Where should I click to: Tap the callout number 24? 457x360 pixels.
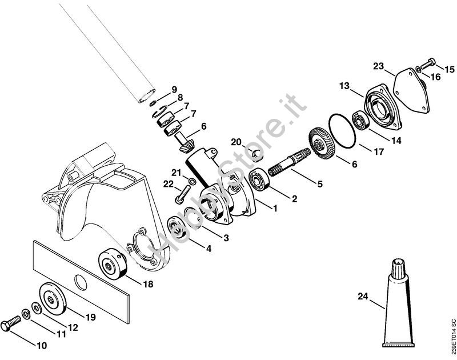(363, 297)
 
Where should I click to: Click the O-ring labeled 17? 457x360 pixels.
(342, 131)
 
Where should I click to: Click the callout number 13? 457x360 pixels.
(344, 86)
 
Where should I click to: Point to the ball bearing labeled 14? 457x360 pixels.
(360, 120)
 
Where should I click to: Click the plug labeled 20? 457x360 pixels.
(257, 154)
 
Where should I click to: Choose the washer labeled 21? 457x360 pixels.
(193, 181)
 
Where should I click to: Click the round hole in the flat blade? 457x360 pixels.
(81, 282)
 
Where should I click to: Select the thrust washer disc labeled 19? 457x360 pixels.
(53, 298)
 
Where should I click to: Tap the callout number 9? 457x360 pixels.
(174, 90)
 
